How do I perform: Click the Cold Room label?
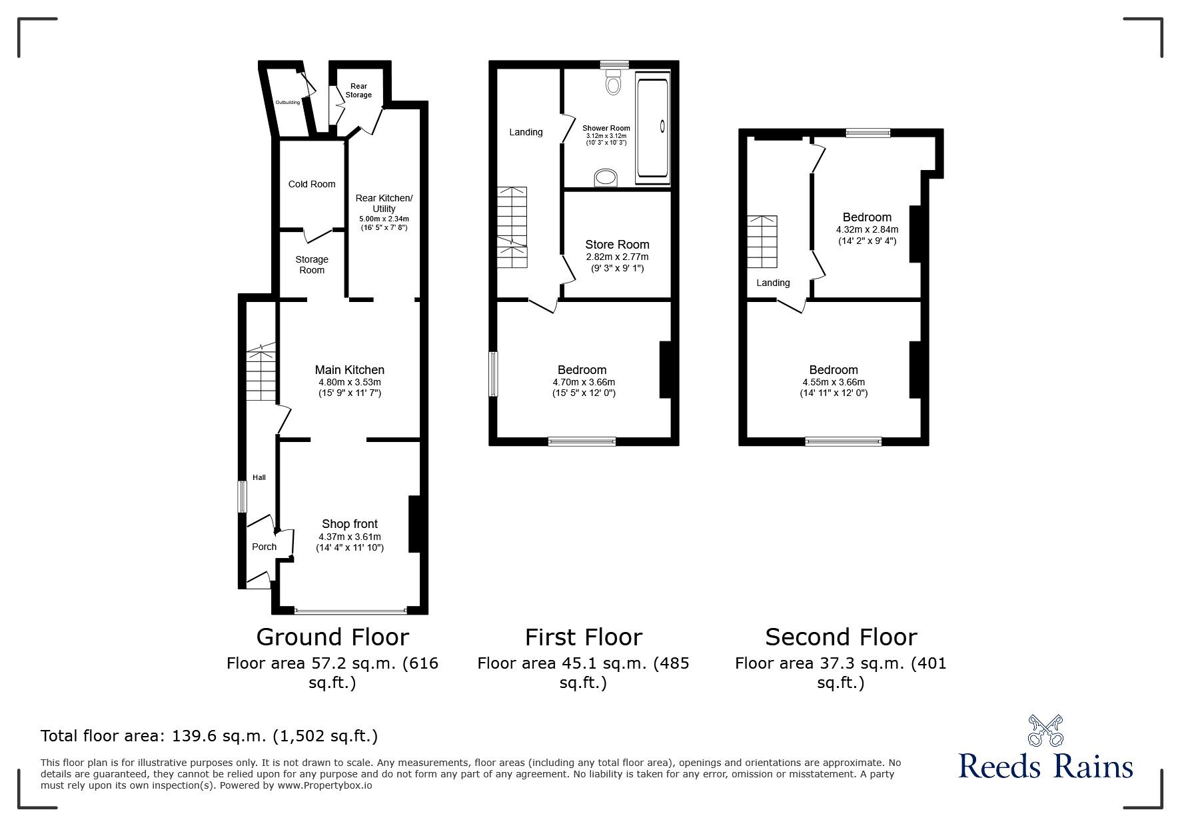click(x=312, y=184)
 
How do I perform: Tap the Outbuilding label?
click(x=288, y=102)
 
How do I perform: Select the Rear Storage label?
click(x=358, y=91)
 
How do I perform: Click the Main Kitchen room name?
click(x=350, y=370)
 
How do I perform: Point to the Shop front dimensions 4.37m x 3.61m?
click(x=350, y=537)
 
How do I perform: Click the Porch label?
click(x=264, y=547)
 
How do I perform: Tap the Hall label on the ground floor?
click(x=259, y=477)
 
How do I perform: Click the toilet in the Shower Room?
click(x=614, y=83)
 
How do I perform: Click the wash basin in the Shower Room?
click(x=606, y=177)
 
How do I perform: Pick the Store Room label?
click(x=617, y=245)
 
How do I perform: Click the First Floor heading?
click(x=584, y=637)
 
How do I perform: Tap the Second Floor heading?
click(x=841, y=637)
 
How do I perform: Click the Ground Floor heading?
click(x=332, y=637)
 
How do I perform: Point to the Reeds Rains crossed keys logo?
click(x=1046, y=731)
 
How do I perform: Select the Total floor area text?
click(x=209, y=737)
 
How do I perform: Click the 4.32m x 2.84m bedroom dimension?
click(x=867, y=229)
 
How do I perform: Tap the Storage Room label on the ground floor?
click(x=312, y=265)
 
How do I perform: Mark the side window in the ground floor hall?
click(x=243, y=497)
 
